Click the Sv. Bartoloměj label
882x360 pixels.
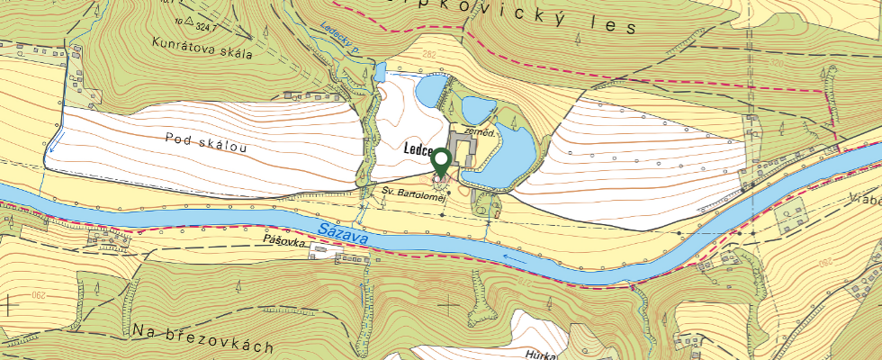click(x=414, y=193)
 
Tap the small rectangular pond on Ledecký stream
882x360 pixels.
click(x=381, y=69)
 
